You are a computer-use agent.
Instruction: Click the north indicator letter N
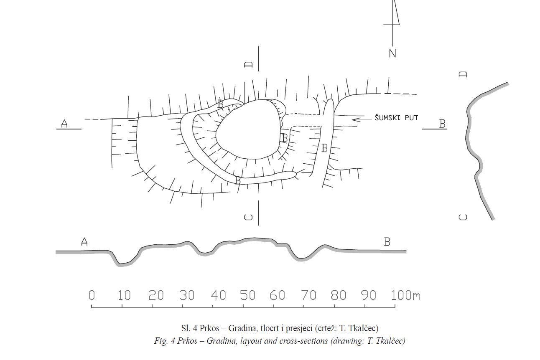[x=392, y=53]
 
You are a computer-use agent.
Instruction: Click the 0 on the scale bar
[x=92, y=295]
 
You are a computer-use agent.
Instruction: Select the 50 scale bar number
[x=247, y=295]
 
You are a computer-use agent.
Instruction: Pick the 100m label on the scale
[x=405, y=295]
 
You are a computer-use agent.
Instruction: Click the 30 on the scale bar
[x=187, y=295]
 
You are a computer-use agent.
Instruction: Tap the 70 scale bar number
[x=308, y=295]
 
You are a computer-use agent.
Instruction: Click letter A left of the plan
[x=64, y=124]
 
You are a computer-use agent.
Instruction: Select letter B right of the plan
[x=442, y=124]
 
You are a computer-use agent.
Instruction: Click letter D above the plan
[x=249, y=64]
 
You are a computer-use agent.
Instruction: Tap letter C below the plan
[x=249, y=217]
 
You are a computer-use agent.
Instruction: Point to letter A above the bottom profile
[x=84, y=242]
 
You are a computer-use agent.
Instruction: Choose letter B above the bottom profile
[x=387, y=242]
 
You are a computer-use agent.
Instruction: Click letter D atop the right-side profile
[x=463, y=74]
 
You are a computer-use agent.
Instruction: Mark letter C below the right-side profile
[x=463, y=217]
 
